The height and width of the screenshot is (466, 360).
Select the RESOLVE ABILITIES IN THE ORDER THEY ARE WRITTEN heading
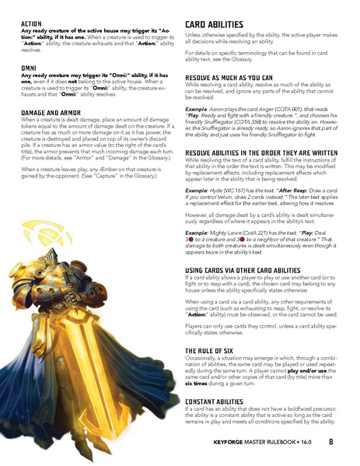pos(265,152)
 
